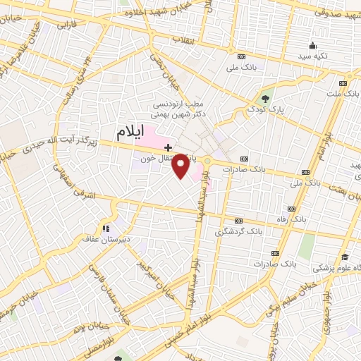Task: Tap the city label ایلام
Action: click(x=133, y=131)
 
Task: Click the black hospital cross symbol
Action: click(x=168, y=147)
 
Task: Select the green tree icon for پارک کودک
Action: click(x=266, y=97)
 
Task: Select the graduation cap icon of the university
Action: click(x=345, y=257)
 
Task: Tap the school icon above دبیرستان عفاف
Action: click(x=106, y=228)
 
